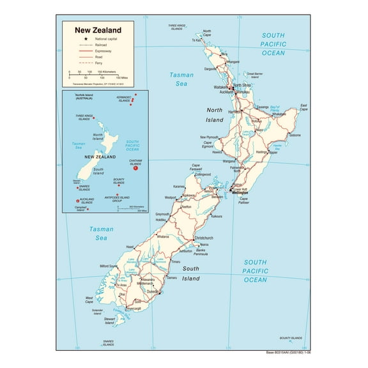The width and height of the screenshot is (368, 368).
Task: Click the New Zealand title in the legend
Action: click(x=98, y=29)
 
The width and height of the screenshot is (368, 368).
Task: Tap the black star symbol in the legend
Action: click(x=70, y=40)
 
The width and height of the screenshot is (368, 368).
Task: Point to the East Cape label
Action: click(x=304, y=107)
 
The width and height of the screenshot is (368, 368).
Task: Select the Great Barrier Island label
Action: click(x=255, y=74)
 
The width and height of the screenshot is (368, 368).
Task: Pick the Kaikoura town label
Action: click(x=217, y=216)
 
